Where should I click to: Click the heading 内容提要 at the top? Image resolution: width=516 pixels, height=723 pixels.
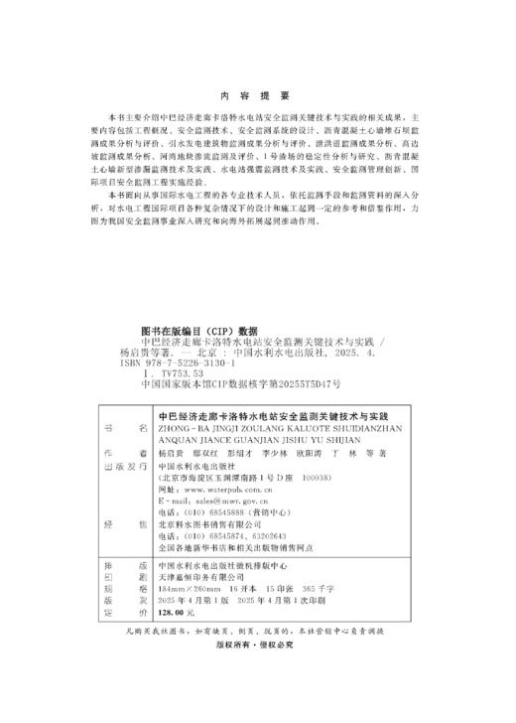257,95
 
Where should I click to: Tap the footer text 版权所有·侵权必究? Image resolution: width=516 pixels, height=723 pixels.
257,643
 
